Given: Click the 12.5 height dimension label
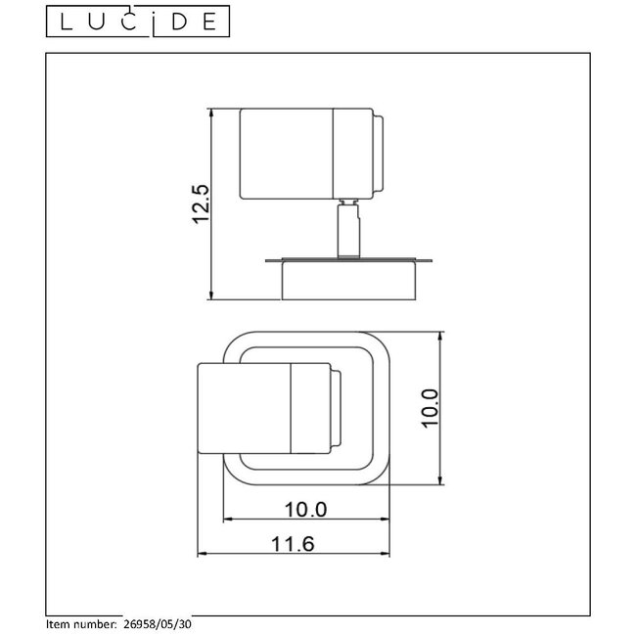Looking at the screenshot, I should [x=202, y=204].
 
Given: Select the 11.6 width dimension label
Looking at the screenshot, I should [x=295, y=544].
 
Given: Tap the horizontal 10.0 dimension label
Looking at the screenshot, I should [x=307, y=510].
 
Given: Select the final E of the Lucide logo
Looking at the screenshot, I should [x=208, y=21].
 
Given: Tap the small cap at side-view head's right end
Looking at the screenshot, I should [x=380, y=153].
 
